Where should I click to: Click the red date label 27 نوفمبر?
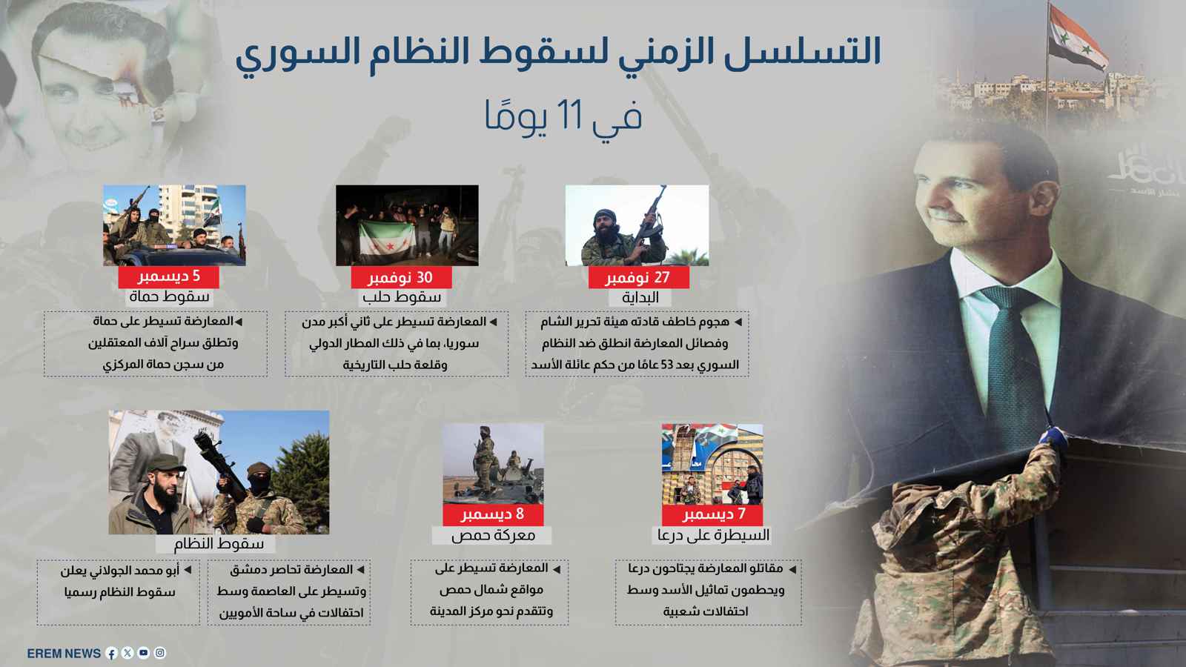[638, 278]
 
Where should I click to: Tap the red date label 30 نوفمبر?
[400, 278]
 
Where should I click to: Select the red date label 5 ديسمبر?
[169, 276]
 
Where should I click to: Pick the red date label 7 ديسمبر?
[714, 514]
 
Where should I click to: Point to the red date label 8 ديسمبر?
[492, 514]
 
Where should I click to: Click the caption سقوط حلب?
[402, 297]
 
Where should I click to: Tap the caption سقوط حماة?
[169, 296]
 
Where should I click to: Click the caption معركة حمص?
[493, 534]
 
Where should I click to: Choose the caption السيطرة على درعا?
[713, 534]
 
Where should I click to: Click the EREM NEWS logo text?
[64, 653]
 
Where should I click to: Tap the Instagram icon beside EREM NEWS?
[160, 653]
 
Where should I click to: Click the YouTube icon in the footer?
[144, 653]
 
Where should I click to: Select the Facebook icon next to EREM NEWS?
[112, 653]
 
